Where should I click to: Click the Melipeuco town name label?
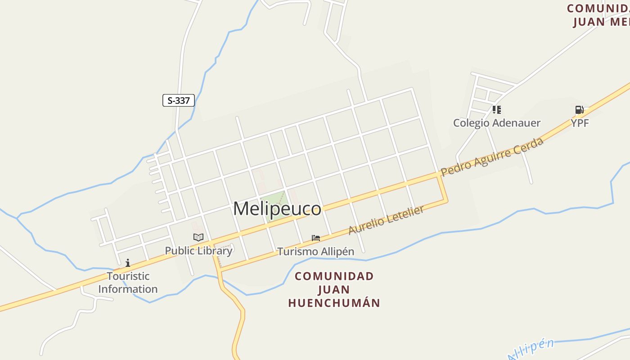pyautogui.click(x=277, y=209)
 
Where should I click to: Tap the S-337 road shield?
pyautogui.click(x=179, y=100)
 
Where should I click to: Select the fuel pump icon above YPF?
pyautogui.click(x=579, y=110)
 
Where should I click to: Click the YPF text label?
pyautogui.click(x=580, y=123)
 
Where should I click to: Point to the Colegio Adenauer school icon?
pyautogui.click(x=496, y=110)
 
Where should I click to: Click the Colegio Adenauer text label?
pyautogui.click(x=496, y=123)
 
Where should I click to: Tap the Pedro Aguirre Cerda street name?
pyautogui.click(x=492, y=157)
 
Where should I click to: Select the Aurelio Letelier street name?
pyautogui.click(x=386, y=220)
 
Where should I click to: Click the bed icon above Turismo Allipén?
pyautogui.click(x=316, y=238)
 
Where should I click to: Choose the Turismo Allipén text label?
pyautogui.click(x=315, y=252)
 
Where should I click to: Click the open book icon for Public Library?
pyautogui.click(x=198, y=237)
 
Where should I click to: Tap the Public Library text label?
pyautogui.click(x=198, y=251)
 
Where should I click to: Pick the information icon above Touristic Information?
pyautogui.click(x=128, y=263)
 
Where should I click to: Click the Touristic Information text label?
pyautogui.click(x=128, y=283)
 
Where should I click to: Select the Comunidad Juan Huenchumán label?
pyautogui.click(x=334, y=289)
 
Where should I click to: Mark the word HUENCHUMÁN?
pyautogui.click(x=334, y=303)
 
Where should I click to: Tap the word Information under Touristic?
pyautogui.click(x=128, y=289)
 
